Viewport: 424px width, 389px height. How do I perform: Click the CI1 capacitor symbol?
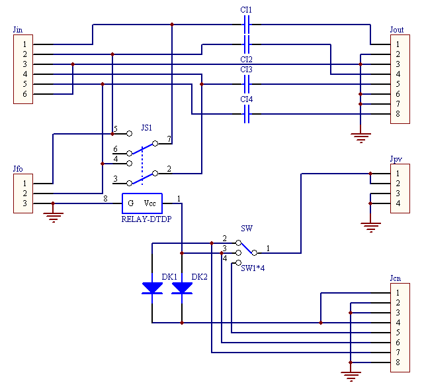(247, 25)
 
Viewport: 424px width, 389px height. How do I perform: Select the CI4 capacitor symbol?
(247, 114)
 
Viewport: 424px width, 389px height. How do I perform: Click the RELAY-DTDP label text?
(146, 219)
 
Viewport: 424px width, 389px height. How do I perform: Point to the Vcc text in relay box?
(149, 203)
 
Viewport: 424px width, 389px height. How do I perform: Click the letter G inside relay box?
(130, 203)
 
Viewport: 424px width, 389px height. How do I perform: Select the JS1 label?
(147, 128)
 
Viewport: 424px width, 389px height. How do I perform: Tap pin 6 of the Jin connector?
(25, 94)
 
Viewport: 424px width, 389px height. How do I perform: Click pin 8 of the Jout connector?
(398, 114)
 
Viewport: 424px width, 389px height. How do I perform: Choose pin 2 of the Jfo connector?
(25, 194)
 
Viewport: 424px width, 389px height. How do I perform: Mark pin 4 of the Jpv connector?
(398, 203)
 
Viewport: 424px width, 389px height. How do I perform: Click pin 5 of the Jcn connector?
(398, 333)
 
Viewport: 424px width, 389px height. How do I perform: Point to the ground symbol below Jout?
(360, 138)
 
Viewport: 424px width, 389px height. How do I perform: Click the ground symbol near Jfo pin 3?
(54, 217)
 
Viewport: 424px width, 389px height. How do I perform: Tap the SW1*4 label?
(253, 268)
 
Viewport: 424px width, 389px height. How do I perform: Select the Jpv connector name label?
(396, 159)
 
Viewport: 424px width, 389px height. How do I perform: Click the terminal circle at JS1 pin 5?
(130, 134)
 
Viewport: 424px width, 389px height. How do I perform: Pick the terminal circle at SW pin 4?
(238, 263)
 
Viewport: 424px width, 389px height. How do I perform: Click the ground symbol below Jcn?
(351, 376)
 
